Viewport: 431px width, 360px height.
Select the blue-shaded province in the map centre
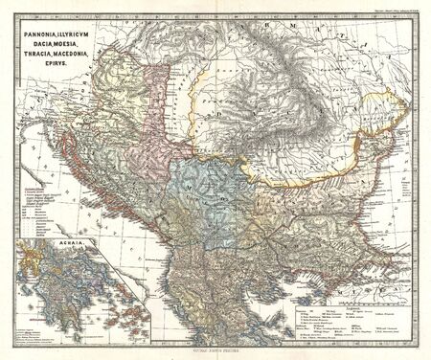pyautogui.click(x=206, y=191)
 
